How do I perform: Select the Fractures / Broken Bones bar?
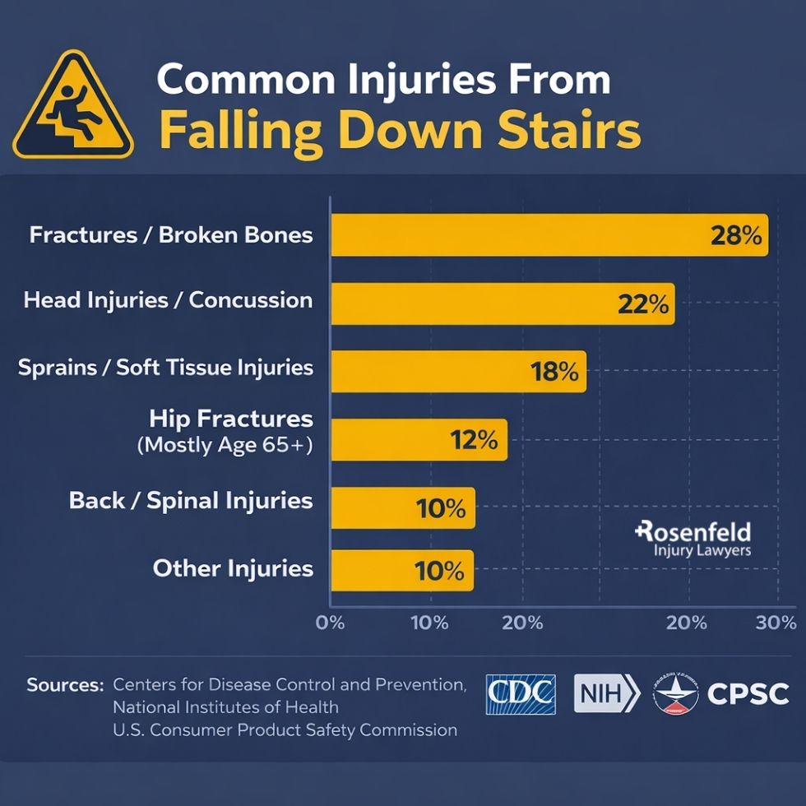[549, 235]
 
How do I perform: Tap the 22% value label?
[642, 303]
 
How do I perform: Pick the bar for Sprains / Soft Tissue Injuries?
[458, 371]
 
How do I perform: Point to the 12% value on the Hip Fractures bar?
[474, 440]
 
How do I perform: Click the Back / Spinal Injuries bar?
[402, 507]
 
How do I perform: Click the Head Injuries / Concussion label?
[169, 299]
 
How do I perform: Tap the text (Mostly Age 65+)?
[225, 447]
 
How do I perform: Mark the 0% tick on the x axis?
[331, 623]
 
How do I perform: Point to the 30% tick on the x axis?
[776, 623]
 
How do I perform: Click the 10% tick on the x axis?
[428, 623]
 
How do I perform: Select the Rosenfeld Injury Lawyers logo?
[693, 540]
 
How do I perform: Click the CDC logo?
[521, 694]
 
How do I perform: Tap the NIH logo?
[606, 693]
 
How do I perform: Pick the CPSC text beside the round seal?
[748, 694]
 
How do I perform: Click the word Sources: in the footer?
[65, 684]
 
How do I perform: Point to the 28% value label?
[735, 236]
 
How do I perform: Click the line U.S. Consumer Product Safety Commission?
[285, 729]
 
